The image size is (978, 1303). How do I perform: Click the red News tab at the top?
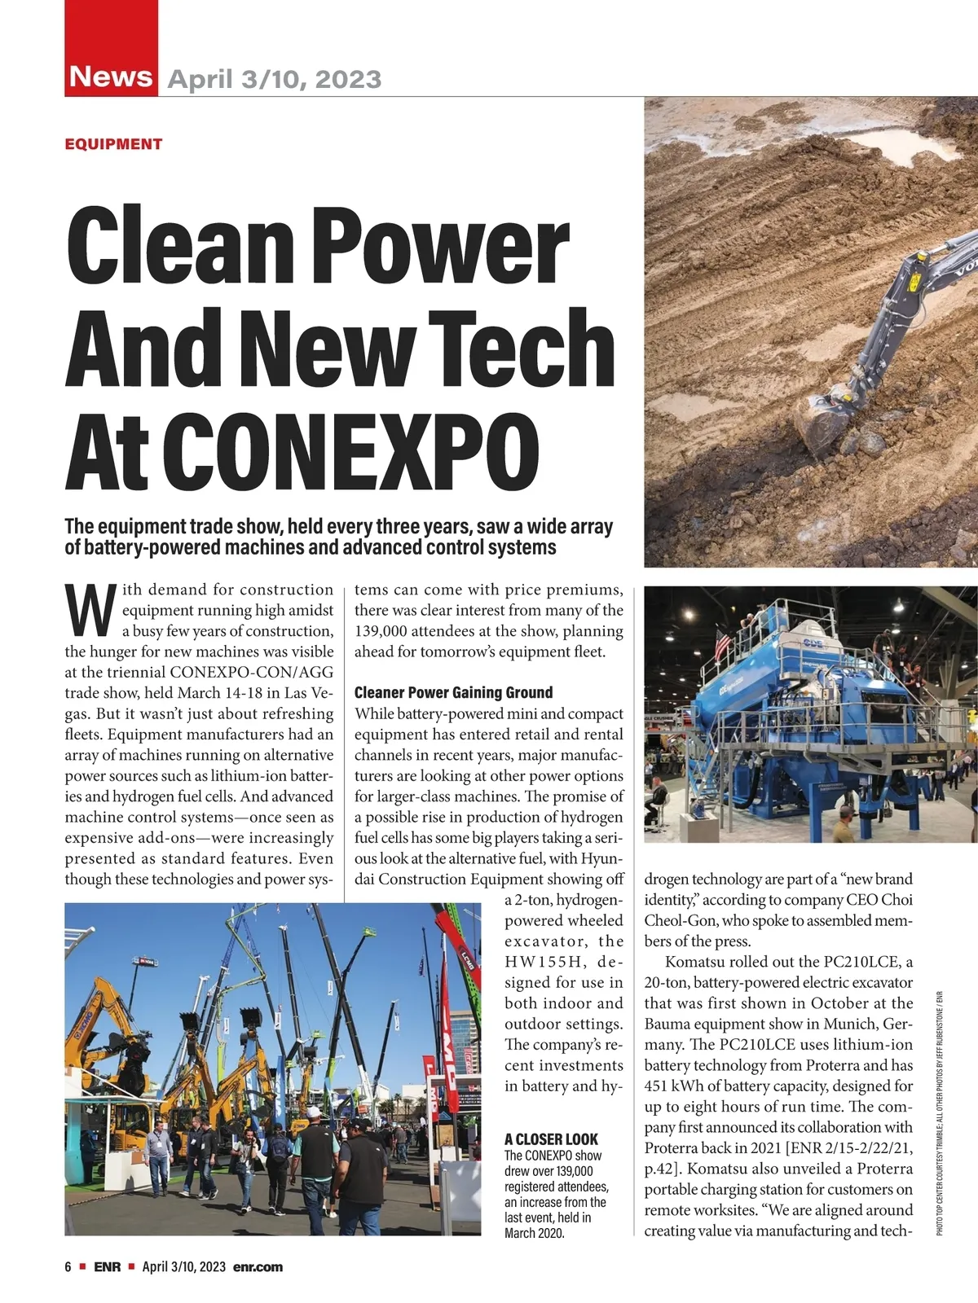[x=111, y=76]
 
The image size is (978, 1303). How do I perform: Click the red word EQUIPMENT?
[x=113, y=144]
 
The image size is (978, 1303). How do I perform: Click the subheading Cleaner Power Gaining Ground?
[x=453, y=692]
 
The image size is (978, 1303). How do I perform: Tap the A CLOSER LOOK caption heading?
[x=551, y=1138]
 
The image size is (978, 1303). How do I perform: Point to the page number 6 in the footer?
[x=68, y=1266]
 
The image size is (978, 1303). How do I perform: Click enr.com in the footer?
[x=258, y=1266]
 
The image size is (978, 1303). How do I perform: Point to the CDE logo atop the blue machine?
[x=812, y=643]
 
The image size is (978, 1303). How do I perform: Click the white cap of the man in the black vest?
[x=314, y=1112]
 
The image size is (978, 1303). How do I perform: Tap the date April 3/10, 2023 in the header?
[x=274, y=79]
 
